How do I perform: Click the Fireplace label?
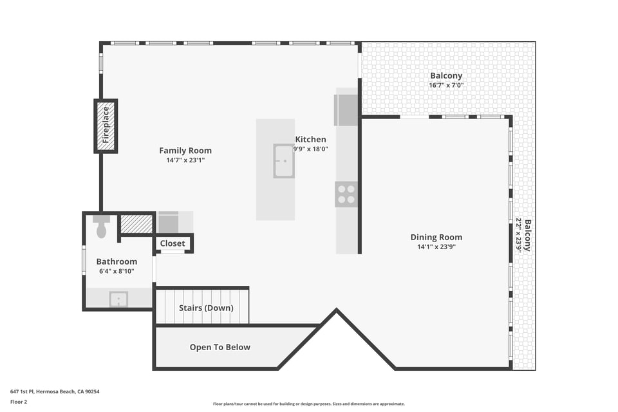pyautogui.click(x=106, y=125)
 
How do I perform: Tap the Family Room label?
pyautogui.click(x=185, y=151)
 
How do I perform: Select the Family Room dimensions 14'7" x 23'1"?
pyautogui.click(x=185, y=160)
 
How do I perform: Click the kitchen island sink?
pyautogui.click(x=284, y=161)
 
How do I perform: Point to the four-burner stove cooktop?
pyautogui.click(x=346, y=194)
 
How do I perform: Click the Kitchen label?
pyautogui.click(x=310, y=139)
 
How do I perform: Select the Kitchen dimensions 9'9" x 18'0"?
pyautogui.click(x=310, y=149)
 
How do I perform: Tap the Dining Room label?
pyautogui.click(x=436, y=237)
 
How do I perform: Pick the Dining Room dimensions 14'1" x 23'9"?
pyautogui.click(x=436, y=247)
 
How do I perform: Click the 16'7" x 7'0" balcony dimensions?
pyautogui.click(x=446, y=85)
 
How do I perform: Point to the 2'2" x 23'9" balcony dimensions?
pyautogui.click(x=520, y=235)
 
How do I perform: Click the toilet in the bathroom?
pyautogui.click(x=101, y=227)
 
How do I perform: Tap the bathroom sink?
pyautogui.click(x=118, y=299)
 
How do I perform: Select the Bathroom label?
pyautogui.click(x=117, y=261)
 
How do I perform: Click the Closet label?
pyautogui.click(x=173, y=243)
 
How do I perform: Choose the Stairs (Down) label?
pyautogui.click(x=206, y=308)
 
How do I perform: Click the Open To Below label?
pyautogui.click(x=220, y=348)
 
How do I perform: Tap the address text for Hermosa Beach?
pyautogui.click(x=55, y=391)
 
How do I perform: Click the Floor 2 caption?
pyautogui.click(x=19, y=402)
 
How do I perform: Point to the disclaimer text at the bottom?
pyautogui.click(x=309, y=404)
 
